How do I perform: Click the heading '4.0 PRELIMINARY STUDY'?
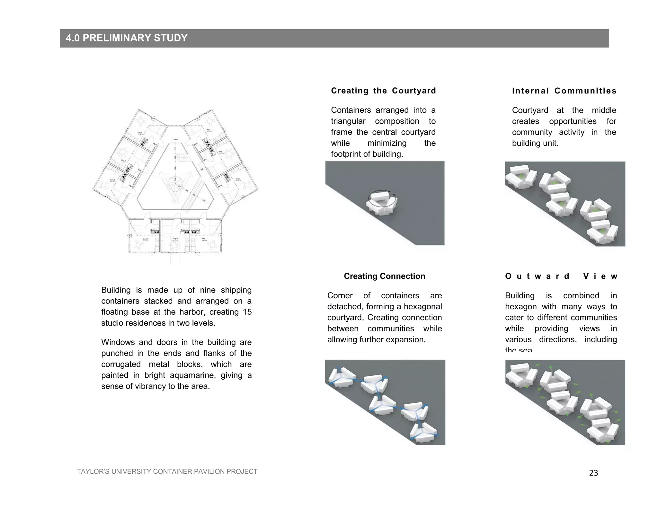127,38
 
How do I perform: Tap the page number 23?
593,473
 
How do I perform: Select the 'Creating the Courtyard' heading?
383,91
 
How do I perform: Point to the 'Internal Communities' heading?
564,91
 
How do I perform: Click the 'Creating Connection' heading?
384,276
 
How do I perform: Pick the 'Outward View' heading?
561,276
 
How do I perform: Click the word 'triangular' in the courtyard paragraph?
348,121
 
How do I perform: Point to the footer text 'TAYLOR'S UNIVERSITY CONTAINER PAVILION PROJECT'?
167,471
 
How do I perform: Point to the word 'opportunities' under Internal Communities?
573,121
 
